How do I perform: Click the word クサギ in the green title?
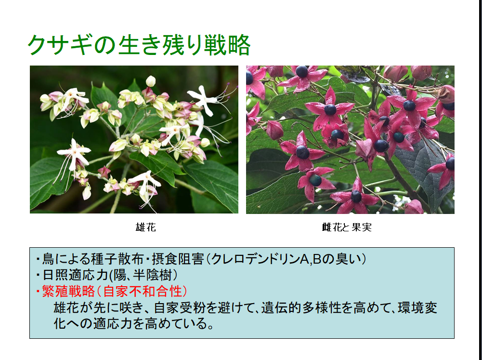(x=60, y=45)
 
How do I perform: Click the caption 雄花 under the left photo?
(x=146, y=227)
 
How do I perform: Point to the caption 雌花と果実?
(x=347, y=227)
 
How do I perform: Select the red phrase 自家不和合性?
(x=143, y=291)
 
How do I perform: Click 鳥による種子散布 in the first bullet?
(x=93, y=259)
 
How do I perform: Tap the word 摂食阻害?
(x=178, y=259)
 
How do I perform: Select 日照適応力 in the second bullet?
(x=75, y=275)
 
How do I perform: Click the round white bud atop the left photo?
(x=151, y=81)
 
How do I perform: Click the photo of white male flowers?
(x=134, y=139)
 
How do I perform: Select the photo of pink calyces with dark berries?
(x=350, y=139)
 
